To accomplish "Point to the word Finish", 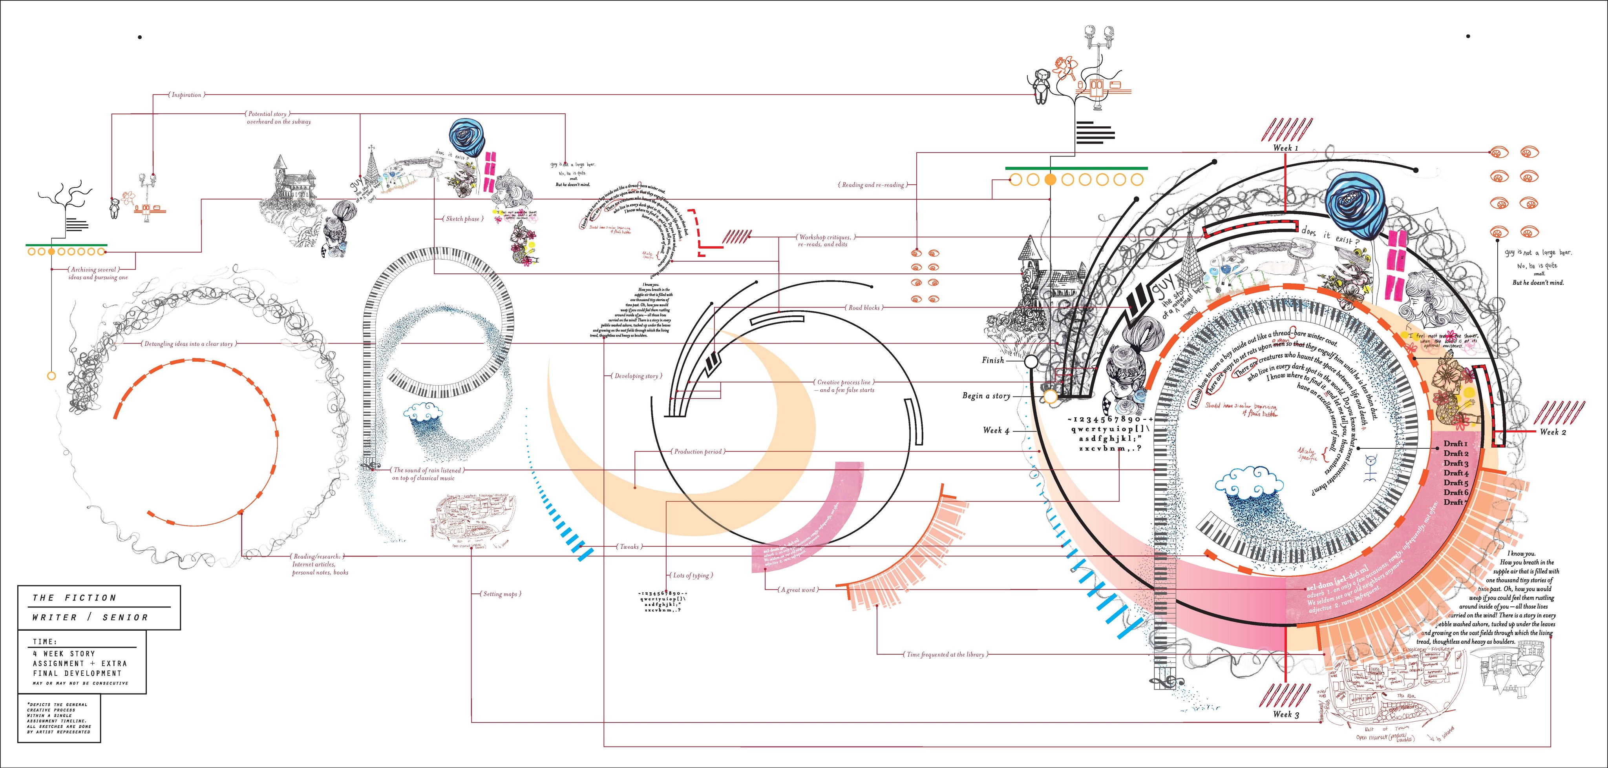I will tap(992, 360).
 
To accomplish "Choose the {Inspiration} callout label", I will tap(186, 95).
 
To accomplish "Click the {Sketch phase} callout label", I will tap(462, 219).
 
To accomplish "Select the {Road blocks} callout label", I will tap(863, 308).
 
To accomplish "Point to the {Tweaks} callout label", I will tap(629, 546).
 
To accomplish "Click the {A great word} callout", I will tap(797, 589).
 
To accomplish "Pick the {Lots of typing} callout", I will tap(692, 575).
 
